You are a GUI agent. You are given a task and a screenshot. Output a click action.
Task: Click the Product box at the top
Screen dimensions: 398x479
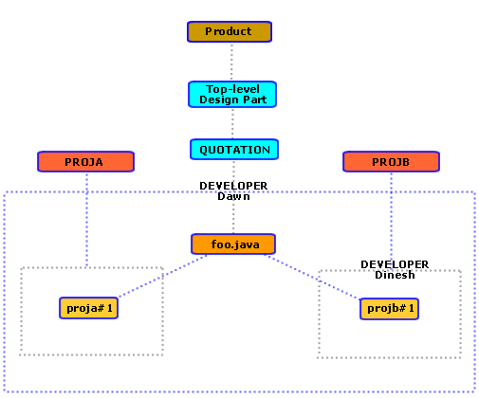click(x=230, y=31)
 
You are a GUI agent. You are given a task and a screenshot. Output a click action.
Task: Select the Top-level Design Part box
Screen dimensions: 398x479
click(x=231, y=94)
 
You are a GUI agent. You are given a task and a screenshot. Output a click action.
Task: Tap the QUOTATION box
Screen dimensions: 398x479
click(x=233, y=150)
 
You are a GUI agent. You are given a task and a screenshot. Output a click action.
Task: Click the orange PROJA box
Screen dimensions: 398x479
click(x=84, y=161)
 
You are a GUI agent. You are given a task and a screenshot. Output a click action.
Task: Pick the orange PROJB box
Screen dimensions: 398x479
click(x=390, y=161)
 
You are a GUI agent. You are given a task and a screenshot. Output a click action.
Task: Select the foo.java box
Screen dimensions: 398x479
click(x=232, y=244)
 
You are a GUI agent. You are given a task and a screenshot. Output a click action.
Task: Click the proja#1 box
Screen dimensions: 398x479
click(x=88, y=308)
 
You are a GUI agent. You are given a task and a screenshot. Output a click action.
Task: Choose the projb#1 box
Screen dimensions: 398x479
click(x=389, y=308)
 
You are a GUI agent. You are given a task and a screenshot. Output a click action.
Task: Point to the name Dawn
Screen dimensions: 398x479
click(x=232, y=196)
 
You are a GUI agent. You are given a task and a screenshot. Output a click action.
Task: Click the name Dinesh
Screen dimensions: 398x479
click(x=394, y=275)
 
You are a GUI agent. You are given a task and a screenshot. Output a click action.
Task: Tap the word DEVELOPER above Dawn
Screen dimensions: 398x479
click(x=232, y=186)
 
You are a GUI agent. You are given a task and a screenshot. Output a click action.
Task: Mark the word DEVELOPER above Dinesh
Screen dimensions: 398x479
click(x=394, y=264)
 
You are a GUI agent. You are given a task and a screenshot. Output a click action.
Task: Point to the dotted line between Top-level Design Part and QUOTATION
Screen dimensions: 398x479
click(x=232, y=123)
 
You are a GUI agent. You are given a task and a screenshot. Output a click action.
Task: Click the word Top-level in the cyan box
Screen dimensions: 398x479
click(x=231, y=88)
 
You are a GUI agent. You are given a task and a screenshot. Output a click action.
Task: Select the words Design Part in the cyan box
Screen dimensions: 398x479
click(x=231, y=99)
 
